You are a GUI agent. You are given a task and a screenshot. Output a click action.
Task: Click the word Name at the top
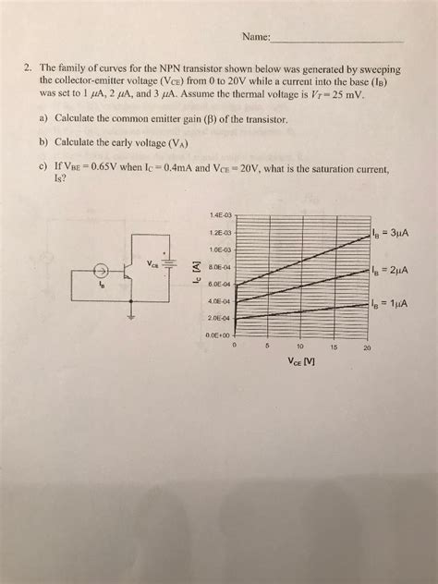256,38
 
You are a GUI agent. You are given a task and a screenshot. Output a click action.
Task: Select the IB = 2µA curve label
387,271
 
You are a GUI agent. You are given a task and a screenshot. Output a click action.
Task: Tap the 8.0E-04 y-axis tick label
222,266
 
